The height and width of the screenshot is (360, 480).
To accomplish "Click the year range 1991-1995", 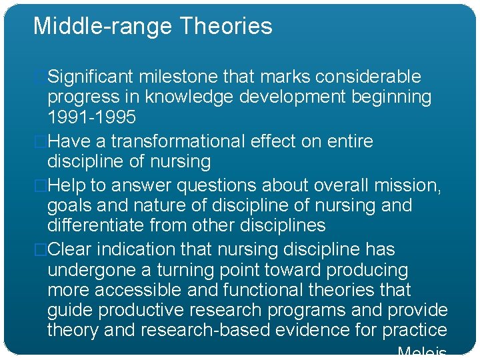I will click(91, 117).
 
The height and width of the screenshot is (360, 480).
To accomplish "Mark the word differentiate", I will click(95, 225).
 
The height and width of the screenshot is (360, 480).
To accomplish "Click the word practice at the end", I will click(415, 330).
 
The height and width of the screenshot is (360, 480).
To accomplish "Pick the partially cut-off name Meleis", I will click(421, 353).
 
